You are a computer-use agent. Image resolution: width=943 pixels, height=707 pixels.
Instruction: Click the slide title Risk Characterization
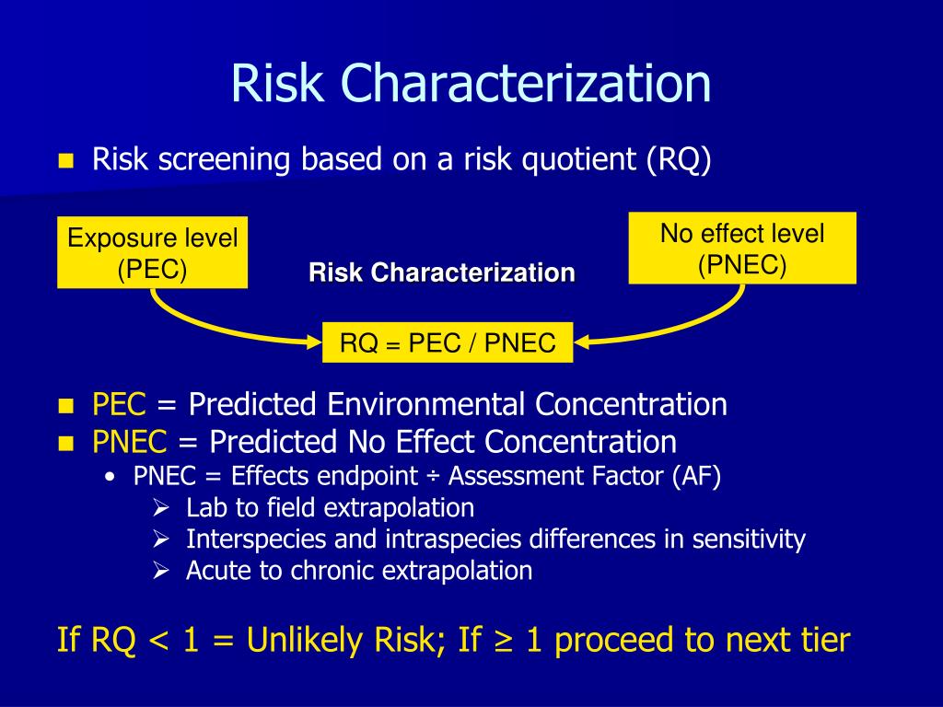click(471, 84)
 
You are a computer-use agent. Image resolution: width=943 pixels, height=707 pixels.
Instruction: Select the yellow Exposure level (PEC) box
click(152, 253)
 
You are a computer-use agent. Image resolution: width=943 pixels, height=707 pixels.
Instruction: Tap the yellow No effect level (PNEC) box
click(742, 249)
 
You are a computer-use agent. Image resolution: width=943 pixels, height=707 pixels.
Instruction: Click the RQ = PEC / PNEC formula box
click(448, 343)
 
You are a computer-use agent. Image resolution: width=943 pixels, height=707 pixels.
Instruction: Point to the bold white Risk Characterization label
click(442, 273)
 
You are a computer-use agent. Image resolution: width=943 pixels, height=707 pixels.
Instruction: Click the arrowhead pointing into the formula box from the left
click(313, 342)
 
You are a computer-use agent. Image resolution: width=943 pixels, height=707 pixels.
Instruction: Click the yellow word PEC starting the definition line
click(119, 404)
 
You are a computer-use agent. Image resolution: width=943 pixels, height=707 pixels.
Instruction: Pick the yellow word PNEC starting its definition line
click(130, 442)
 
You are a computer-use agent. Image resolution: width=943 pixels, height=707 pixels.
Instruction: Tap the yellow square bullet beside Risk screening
click(64, 161)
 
